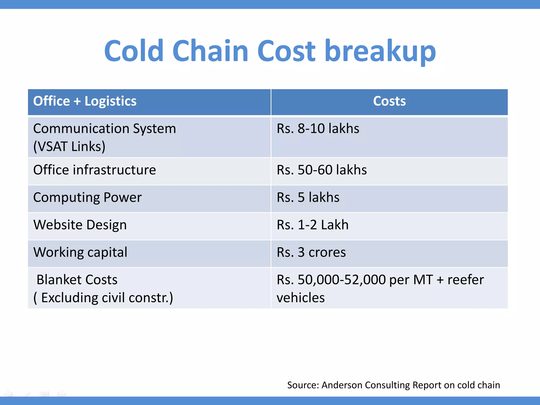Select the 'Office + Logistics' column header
pyautogui.click(x=85, y=101)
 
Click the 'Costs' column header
pyautogui.click(x=389, y=101)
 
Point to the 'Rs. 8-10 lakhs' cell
pyautogui.click(x=318, y=129)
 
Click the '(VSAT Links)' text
pyautogui.click(x=69, y=147)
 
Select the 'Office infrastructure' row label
pyautogui.click(x=94, y=170)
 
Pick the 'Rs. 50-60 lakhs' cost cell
pyautogui.click(x=322, y=170)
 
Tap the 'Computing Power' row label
pyautogui.click(x=87, y=197)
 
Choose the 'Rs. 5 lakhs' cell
pyautogui.click(x=308, y=197)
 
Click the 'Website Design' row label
pyautogui.click(x=80, y=225)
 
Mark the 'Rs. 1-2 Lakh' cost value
pyautogui.click(x=312, y=225)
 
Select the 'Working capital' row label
pyautogui.click(x=80, y=252)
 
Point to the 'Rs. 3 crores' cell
pyautogui.click(x=311, y=252)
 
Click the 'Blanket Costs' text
pyautogui.click(x=77, y=280)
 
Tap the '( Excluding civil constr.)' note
pyautogui.click(x=103, y=298)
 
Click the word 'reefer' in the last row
pyautogui.click(x=466, y=280)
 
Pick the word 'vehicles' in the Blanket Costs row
pyautogui.click(x=301, y=298)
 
